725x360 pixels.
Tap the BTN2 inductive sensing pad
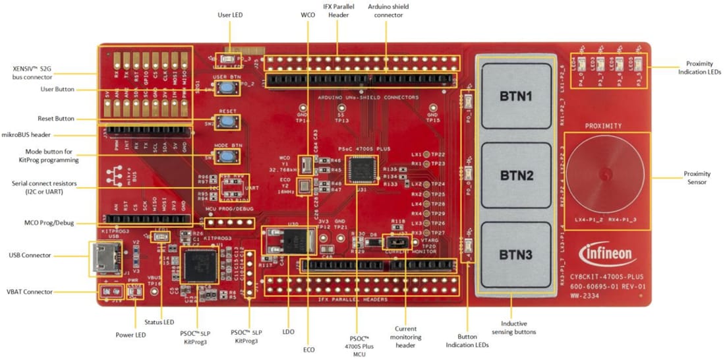[515, 176]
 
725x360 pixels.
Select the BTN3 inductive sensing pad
[515, 255]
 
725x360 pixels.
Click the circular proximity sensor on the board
[602, 175]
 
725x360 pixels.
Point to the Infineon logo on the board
[607, 254]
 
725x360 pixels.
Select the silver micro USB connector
[104, 259]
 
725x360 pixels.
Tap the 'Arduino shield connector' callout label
[388, 11]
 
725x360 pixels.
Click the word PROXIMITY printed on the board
[602, 125]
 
